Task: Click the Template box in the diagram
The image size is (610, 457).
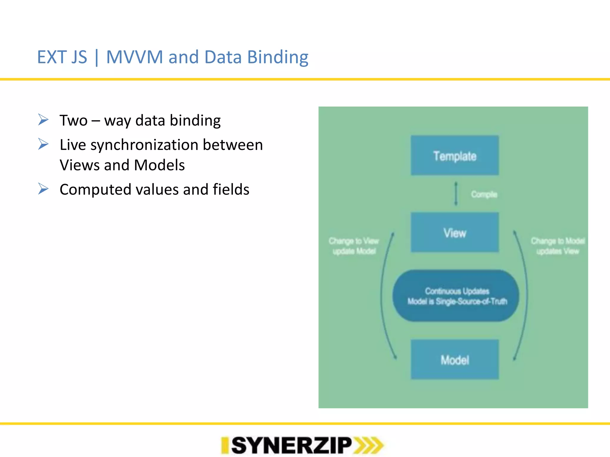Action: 455,155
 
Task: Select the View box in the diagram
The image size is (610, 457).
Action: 455,232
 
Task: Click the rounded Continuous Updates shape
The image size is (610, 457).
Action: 456,296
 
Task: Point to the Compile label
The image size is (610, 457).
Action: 484,194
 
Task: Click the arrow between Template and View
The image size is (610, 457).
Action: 456,194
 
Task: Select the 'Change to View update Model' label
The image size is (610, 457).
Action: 354,246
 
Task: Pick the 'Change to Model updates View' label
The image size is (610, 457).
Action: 558,246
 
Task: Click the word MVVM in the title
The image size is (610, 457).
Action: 134,57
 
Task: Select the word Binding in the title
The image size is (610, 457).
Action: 278,57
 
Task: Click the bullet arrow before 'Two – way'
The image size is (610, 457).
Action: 43,120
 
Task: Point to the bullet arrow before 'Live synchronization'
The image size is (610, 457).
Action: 43,144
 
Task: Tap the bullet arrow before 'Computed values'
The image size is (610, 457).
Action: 43,189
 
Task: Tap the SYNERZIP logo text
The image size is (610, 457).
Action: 291,445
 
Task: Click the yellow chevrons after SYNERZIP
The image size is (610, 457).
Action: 369,445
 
